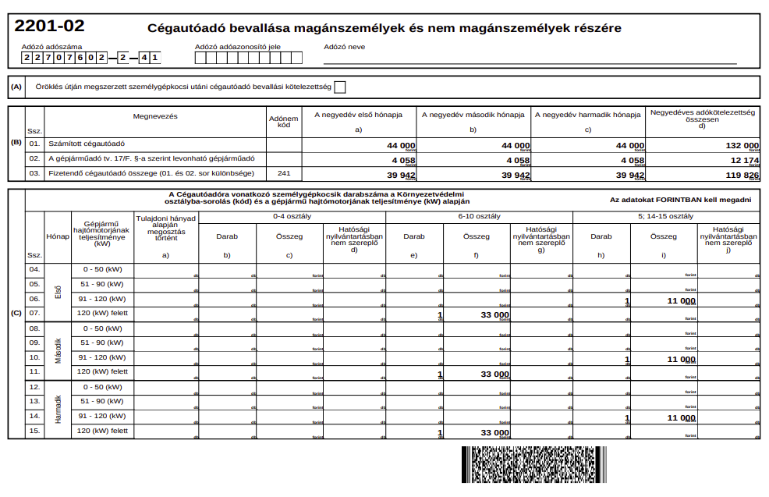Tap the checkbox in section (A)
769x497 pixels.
(339, 87)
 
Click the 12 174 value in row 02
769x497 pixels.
(744, 160)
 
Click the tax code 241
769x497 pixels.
(283, 173)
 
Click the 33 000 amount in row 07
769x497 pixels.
(494, 314)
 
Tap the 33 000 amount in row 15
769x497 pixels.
(494, 432)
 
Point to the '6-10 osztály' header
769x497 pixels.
(480, 216)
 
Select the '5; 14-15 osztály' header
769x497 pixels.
(665, 216)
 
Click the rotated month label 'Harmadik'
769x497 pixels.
(58, 410)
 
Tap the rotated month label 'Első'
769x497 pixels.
(58, 292)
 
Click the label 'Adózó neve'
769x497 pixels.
(344, 46)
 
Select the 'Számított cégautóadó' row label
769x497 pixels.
(87, 144)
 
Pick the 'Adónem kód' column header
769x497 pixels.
(283, 122)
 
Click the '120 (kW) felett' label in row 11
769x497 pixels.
(102, 371)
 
